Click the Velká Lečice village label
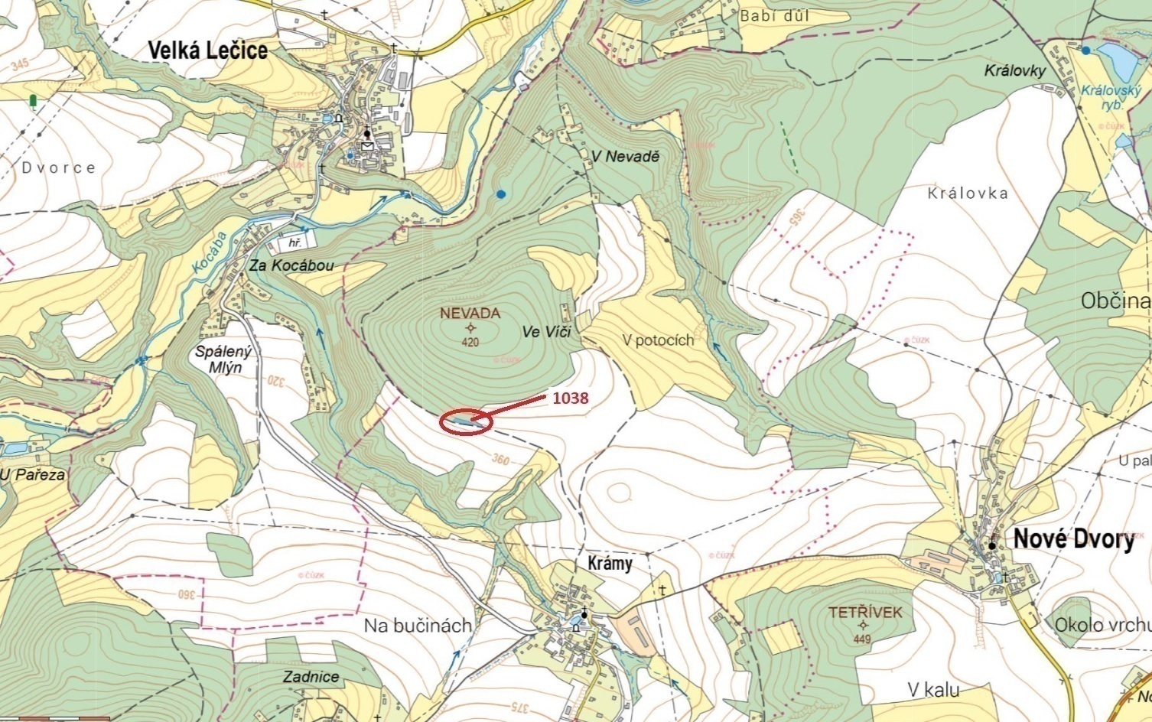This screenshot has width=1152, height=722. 207,50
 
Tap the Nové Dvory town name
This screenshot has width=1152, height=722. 1073,539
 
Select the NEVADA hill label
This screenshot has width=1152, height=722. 470,314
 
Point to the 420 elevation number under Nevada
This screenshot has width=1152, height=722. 470,343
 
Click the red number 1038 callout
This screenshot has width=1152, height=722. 570,398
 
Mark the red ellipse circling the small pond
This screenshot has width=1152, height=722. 465,421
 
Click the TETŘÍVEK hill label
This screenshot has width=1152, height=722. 865,613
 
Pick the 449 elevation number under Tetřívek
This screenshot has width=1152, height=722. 862,639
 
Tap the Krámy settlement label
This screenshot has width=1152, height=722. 610,564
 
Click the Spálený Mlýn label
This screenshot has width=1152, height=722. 223,359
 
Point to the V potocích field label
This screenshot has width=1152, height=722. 658,340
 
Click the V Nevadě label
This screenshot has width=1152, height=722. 624,156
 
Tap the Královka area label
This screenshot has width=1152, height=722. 967,194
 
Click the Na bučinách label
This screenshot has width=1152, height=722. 417,626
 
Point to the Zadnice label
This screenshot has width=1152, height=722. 311,677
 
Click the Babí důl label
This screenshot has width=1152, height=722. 774,15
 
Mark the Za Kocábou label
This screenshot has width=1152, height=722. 291,265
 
